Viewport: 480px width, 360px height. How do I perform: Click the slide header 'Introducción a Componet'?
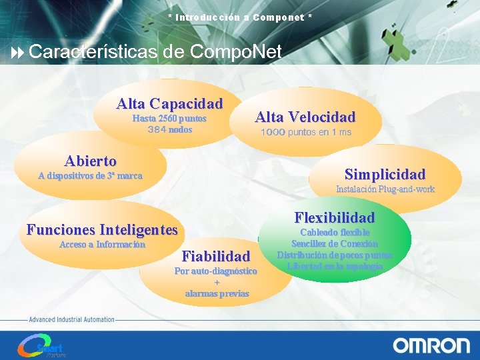[239, 17]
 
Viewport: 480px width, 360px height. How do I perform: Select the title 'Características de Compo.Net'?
[155, 51]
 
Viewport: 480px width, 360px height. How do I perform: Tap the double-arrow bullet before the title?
[18, 52]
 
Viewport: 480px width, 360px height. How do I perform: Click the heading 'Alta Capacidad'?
[169, 104]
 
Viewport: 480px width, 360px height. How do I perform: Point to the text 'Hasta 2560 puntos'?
[169, 119]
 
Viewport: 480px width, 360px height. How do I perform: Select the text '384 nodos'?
[169, 129]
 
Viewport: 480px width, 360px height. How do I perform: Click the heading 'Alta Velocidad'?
[305, 117]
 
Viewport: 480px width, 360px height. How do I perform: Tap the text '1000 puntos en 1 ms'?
[305, 133]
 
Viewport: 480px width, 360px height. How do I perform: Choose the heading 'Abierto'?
[90, 161]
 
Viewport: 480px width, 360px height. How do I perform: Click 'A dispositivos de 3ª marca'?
[90, 177]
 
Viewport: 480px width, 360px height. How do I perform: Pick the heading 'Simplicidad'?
[385, 175]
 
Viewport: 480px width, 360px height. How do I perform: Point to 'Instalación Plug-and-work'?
[385, 189]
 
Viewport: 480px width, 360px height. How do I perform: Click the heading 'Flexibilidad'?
[335, 218]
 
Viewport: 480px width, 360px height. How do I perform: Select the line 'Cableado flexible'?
[335, 233]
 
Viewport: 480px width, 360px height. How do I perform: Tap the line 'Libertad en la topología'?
[335, 267]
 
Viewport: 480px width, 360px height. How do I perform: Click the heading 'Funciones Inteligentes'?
[102, 230]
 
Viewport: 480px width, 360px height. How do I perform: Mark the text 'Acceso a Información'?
[102, 245]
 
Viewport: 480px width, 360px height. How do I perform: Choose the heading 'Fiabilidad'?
[216, 256]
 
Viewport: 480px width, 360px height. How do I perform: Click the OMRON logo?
[431, 345]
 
